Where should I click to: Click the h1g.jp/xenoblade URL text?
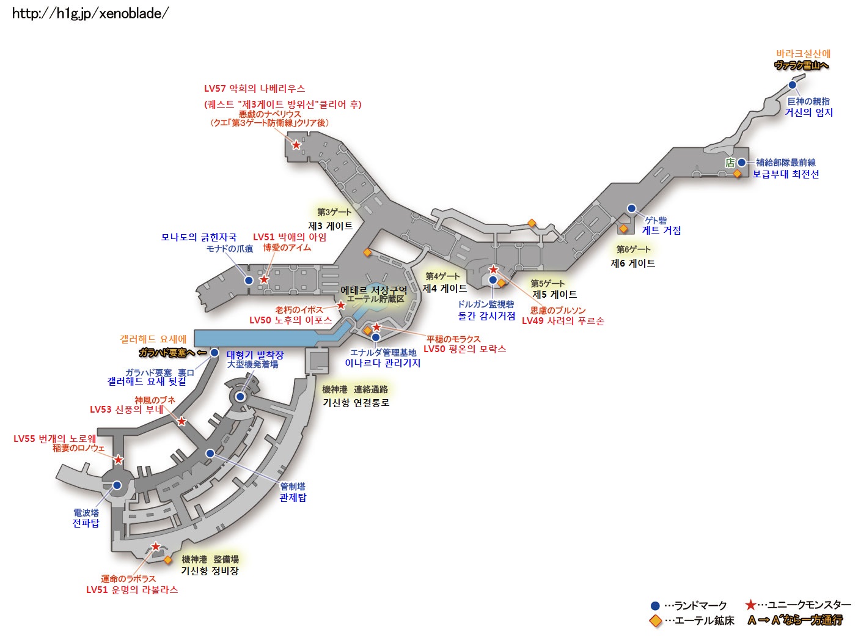click(x=90, y=13)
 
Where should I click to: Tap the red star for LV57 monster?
click(x=296, y=145)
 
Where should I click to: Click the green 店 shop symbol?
click(x=730, y=163)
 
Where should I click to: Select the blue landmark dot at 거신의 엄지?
click(x=793, y=85)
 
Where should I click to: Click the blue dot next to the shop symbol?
click(x=741, y=163)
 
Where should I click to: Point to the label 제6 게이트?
click(x=632, y=263)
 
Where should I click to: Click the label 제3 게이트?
click(x=330, y=226)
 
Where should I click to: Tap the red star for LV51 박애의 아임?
click(x=264, y=279)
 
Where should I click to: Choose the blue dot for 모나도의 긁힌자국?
click(x=249, y=281)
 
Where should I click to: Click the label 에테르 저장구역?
click(x=373, y=290)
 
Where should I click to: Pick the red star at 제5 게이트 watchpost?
click(x=493, y=270)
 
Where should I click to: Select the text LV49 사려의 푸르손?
click(x=563, y=321)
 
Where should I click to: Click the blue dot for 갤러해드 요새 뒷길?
click(x=214, y=353)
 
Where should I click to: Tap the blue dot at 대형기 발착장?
click(x=240, y=397)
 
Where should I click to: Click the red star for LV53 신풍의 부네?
click(x=181, y=421)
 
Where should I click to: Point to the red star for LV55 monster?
click(x=118, y=460)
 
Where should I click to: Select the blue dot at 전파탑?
click(x=117, y=485)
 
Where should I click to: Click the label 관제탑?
click(x=293, y=498)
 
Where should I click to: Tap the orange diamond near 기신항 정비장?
click(x=168, y=560)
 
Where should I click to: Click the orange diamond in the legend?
click(x=656, y=621)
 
